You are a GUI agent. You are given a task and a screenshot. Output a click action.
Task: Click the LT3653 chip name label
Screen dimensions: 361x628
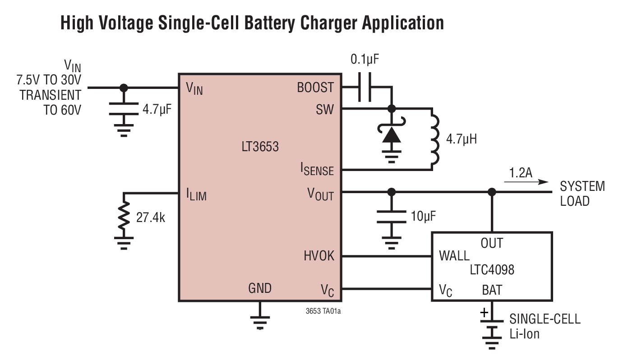point(260,147)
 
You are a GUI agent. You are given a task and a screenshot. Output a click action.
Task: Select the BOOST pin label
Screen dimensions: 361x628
point(315,88)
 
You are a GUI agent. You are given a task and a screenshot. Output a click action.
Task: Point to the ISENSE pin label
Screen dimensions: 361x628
point(317,169)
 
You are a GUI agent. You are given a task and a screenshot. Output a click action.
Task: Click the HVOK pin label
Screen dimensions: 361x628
point(319,256)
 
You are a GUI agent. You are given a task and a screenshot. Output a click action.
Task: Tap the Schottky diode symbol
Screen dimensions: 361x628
point(392,133)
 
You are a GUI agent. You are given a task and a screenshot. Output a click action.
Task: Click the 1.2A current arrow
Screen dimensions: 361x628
point(526,182)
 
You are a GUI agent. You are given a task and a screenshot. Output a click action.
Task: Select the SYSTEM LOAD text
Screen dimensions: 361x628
point(582,194)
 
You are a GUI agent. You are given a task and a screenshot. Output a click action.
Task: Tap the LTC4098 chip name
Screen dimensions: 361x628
point(492,270)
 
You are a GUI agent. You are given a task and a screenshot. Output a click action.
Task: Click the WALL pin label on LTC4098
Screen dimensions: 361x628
point(454,256)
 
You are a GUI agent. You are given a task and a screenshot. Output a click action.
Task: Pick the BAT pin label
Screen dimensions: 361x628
point(492,290)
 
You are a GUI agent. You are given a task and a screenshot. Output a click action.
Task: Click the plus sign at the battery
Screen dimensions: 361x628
point(484,312)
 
